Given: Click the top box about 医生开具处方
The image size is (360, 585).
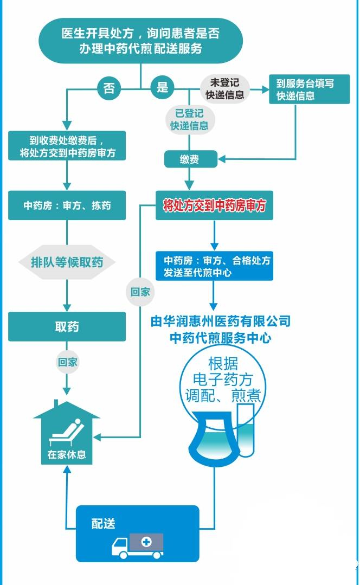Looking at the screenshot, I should pyautogui.click(x=140, y=41).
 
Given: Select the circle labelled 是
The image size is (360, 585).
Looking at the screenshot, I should pyautogui.click(x=162, y=87).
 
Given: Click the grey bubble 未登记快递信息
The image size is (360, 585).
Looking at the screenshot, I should pyautogui.click(x=224, y=88).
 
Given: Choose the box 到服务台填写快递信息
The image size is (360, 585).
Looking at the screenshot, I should pyautogui.click(x=304, y=89).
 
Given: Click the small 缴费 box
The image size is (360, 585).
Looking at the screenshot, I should pyautogui.click(x=190, y=159).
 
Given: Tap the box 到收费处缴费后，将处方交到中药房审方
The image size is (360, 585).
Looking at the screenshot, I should pyautogui.click(x=67, y=145).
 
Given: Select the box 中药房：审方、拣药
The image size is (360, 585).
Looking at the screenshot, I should pyautogui.click(x=67, y=205).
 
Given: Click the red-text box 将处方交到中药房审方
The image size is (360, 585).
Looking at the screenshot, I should pyautogui.click(x=214, y=205).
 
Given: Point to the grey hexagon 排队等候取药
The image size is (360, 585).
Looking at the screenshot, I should pyautogui.click(x=67, y=263).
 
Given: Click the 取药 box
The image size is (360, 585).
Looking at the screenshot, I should pyautogui.click(x=67, y=326).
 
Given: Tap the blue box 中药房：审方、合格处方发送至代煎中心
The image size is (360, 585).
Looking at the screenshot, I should pyautogui.click(x=214, y=266).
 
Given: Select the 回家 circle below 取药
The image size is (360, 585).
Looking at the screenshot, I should pyautogui.click(x=67, y=363).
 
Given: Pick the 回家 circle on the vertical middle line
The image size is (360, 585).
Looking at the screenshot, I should pyautogui.click(x=140, y=292).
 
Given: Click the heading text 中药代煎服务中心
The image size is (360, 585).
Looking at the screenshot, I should pyautogui.click(x=221, y=338).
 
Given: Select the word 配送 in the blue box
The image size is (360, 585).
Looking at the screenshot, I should pyautogui.click(x=104, y=524).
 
